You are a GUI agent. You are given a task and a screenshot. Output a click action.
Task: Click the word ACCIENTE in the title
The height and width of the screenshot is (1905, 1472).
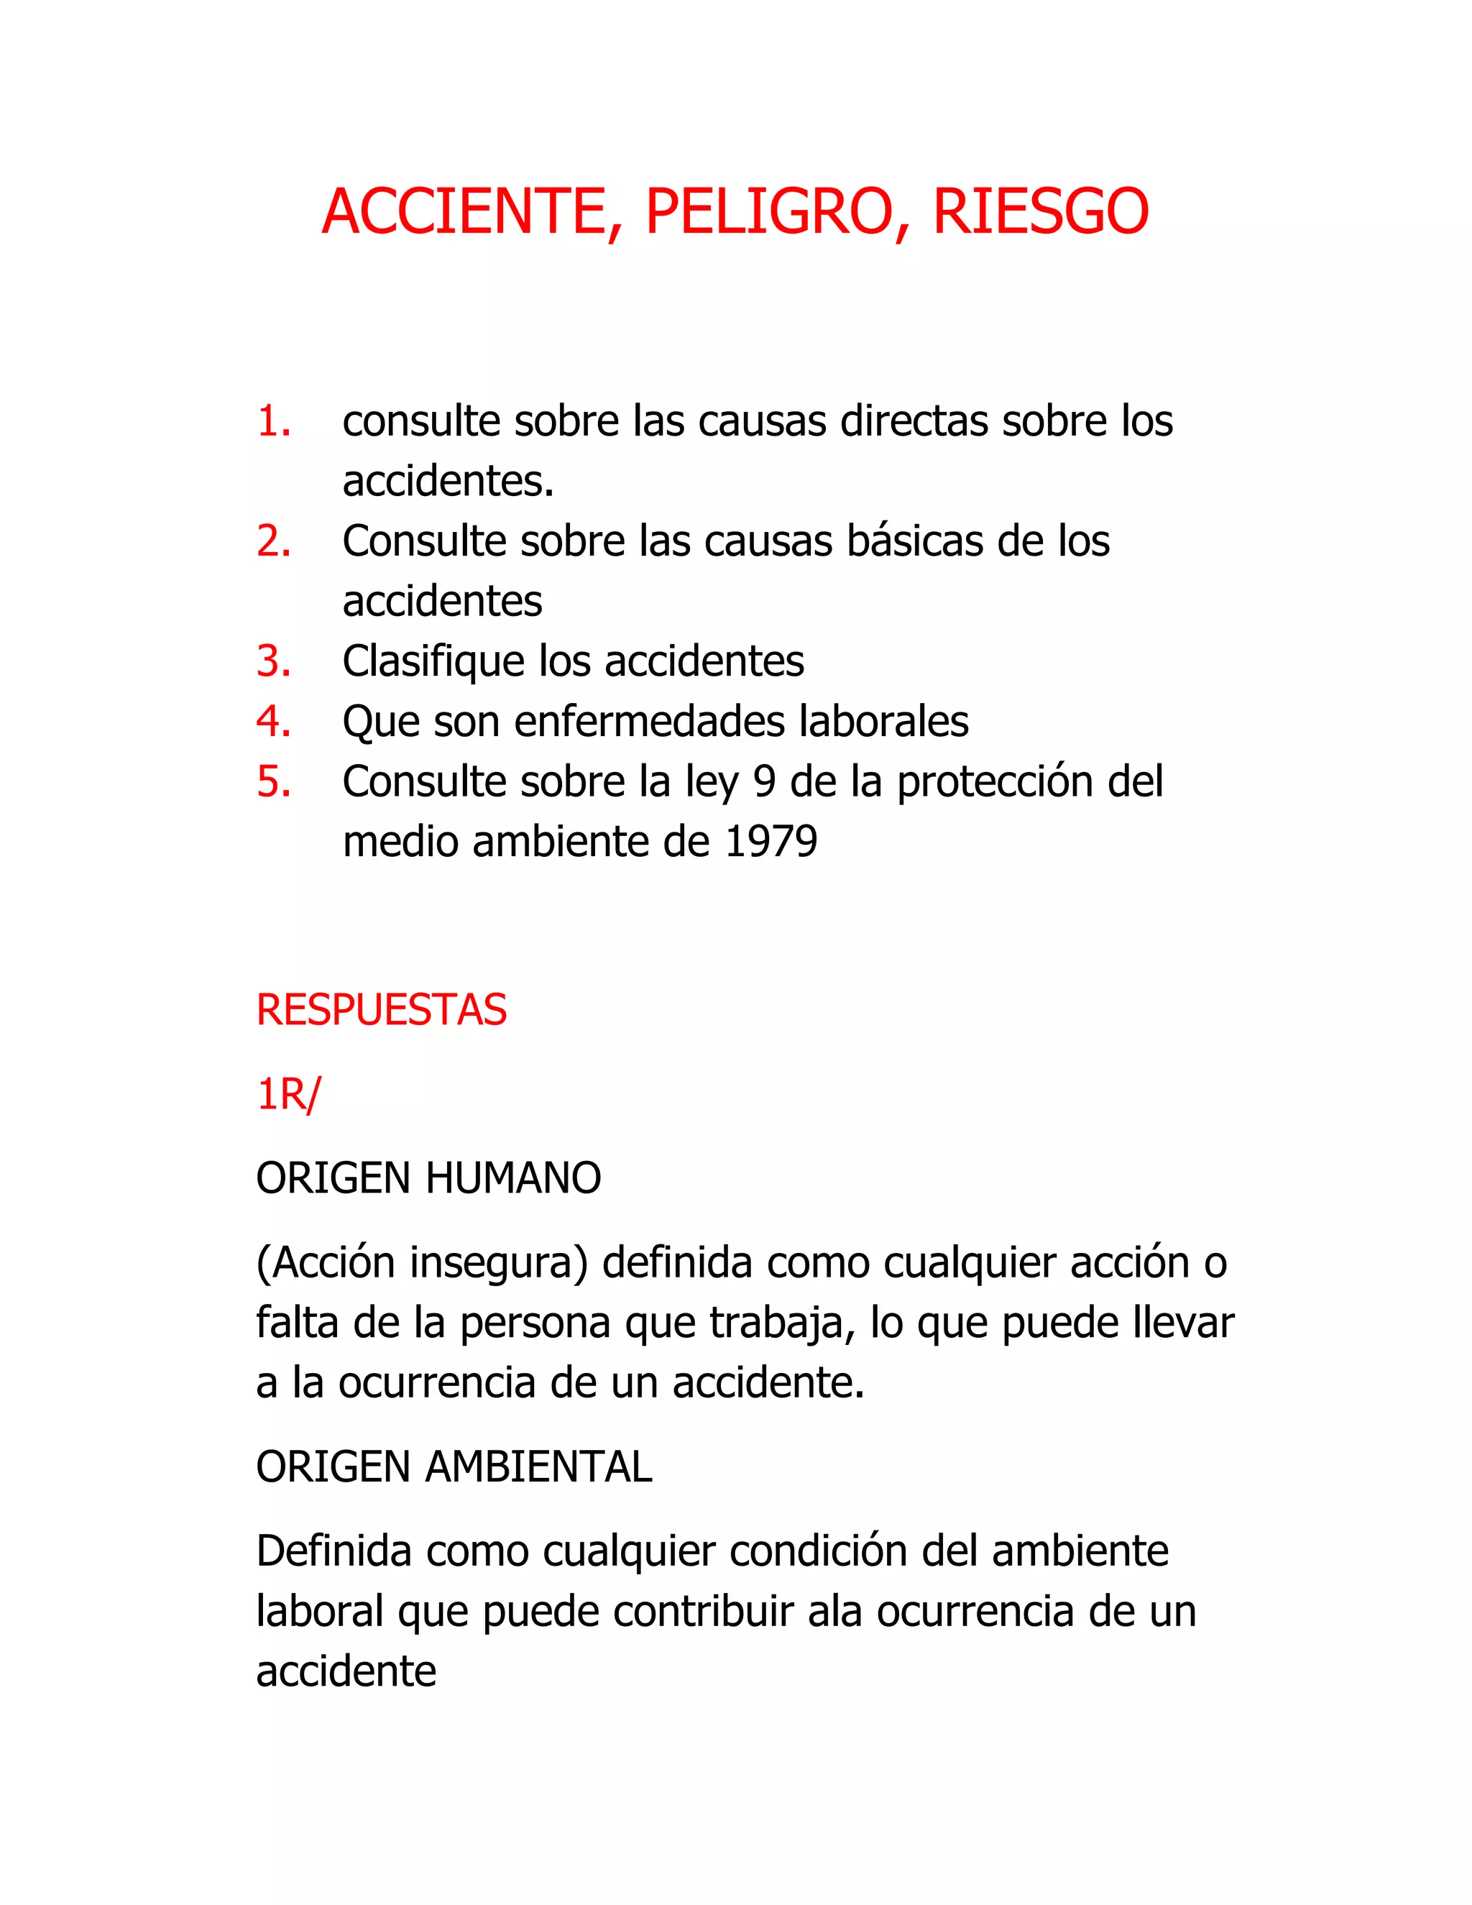[464, 212]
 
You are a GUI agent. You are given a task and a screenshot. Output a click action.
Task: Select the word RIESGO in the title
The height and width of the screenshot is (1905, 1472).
[1040, 212]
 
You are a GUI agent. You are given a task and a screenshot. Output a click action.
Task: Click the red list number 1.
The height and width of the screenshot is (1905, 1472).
[273, 421]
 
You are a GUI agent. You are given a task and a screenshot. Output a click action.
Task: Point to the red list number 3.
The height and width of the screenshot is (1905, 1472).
[273, 661]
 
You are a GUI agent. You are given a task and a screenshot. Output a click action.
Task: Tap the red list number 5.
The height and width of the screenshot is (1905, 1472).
[273, 781]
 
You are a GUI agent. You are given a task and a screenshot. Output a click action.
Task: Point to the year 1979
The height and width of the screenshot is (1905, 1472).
[771, 842]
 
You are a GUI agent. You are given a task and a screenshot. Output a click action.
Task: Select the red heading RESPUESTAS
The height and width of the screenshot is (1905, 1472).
[381, 1010]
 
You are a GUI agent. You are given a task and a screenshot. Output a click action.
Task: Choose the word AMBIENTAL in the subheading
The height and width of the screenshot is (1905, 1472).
[538, 1467]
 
